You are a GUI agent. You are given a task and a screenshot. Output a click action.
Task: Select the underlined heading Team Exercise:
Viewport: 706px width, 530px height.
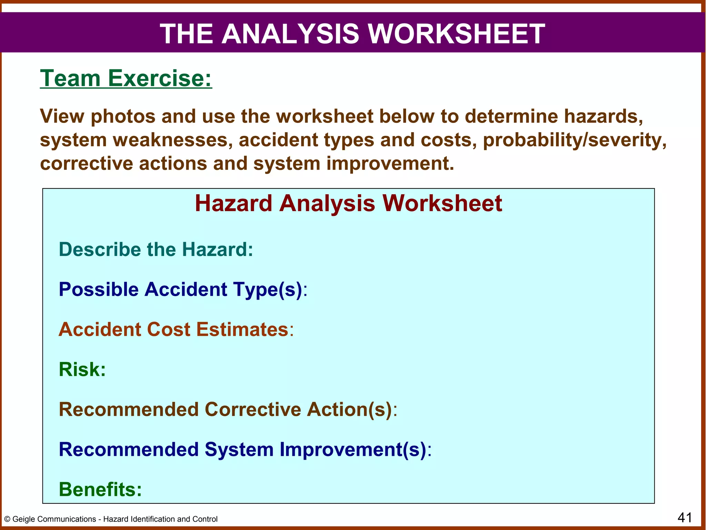pyautogui.click(x=126, y=78)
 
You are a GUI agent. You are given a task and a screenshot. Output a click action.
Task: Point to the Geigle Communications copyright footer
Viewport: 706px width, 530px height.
pyautogui.click(x=111, y=519)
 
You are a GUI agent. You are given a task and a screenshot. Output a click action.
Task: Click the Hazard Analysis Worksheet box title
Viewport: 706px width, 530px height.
pyautogui.click(x=348, y=203)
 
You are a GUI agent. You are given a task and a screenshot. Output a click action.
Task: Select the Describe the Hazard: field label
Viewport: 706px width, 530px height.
pyautogui.click(x=156, y=249)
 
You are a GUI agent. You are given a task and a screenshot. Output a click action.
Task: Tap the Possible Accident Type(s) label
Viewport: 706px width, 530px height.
pyautogui.click(x=183, y=289)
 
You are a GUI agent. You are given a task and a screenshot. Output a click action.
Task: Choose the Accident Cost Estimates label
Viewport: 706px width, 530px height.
pyautogui.click(x=176, y=329)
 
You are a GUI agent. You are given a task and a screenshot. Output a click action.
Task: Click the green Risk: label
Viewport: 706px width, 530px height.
pyautogui.click(x=82, y=369)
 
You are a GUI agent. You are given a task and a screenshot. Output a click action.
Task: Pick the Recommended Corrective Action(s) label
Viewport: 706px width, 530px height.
pyautogui.click(x=228, y=409)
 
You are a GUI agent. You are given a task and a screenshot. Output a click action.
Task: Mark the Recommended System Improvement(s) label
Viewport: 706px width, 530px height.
pyautogui.click(x=245, y=449)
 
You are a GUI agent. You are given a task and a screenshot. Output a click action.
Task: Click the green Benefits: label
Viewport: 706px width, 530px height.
pyautogui.click(x=100, y=489)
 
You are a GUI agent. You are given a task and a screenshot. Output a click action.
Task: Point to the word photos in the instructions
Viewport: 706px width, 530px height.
pyautogui.click(x=123, y=116)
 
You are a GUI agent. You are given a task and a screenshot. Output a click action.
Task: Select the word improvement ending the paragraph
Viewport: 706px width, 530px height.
pyautogui.click(x=390, y=163)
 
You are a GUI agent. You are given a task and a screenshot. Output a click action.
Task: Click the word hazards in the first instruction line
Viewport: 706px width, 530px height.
pyautogui.click(x=603, y=116)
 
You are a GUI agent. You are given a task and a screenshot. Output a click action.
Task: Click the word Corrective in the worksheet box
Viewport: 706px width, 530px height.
pyautogui.click(x=253, y=409)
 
